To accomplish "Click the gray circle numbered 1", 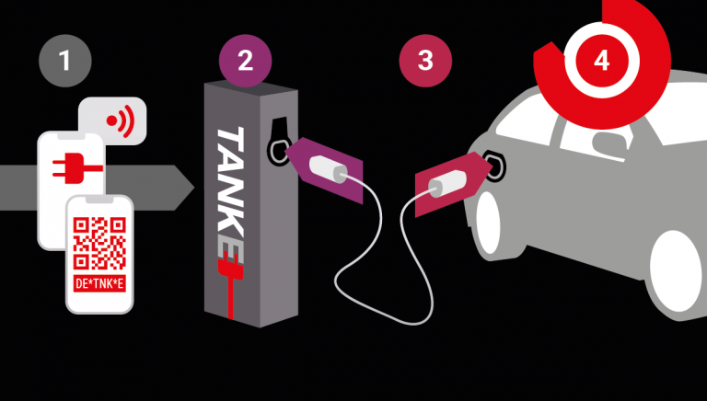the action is (x=65, y=61).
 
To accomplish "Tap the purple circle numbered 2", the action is (x=245, y=61).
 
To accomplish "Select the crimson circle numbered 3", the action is (x=425, y=61).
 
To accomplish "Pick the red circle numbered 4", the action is (x=601, y=61).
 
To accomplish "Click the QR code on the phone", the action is (x=99, y=244).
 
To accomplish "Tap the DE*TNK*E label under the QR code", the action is (x=99, y=284).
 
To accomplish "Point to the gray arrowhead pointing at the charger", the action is (x=184, y=188).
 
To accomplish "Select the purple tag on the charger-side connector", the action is (x=326, y=169).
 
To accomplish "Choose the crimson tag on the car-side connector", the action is (x=452, y=183).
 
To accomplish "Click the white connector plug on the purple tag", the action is (x=329, y=169).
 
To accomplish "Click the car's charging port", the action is (x=495, y=166).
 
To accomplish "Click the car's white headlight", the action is (x=488, y=223).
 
